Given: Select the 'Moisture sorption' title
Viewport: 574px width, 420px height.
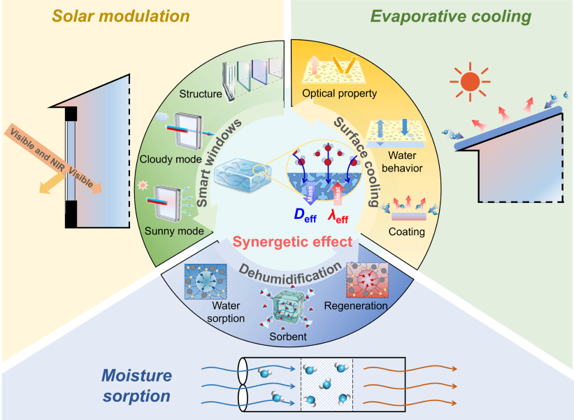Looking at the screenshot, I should pos(136,386).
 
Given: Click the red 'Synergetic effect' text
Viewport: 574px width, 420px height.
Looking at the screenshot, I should pos(282,242).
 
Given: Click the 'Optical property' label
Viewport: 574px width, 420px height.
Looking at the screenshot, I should pos(339,93).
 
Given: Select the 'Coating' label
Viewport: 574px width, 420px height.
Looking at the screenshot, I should pos(407,231).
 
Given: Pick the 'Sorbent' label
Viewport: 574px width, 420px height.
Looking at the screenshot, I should pos(289,337).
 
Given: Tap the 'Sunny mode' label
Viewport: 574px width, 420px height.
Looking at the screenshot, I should pos(180,230).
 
